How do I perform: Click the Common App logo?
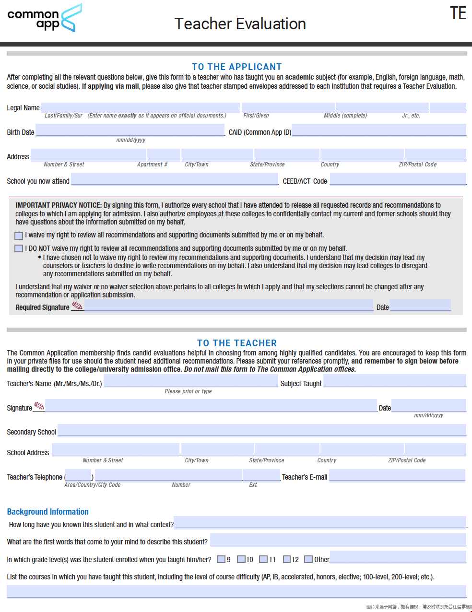(x=44, y=18)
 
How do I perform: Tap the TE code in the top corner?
(x=458, y=13)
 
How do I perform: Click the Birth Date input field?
(x=130, y=130)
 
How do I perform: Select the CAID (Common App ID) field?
(x=378, y=130)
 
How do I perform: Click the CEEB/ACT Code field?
(x=398, y=179)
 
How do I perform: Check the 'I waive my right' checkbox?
(x=19, y=235)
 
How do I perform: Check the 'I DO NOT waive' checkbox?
(x=19, y=248)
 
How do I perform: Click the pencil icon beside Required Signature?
(x=77, y=306)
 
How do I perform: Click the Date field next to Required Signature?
(x=420, y=306)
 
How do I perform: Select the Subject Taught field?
(x=394, y=381)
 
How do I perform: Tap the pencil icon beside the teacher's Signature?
(x=39, y=406)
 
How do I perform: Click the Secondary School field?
(x=261, y=430)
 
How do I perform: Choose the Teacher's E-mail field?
(x=397, y=475)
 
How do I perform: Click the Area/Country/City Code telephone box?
(x=78, y=475)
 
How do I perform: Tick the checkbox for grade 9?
(x=221, y=559)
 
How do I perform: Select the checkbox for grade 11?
(x=263, y=559)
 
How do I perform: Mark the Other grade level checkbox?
(x=308, y=559)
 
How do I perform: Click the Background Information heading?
(x=48, y=512)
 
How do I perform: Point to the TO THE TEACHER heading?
(x=237, y=343)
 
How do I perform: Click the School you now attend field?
(x=175, y=179)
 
